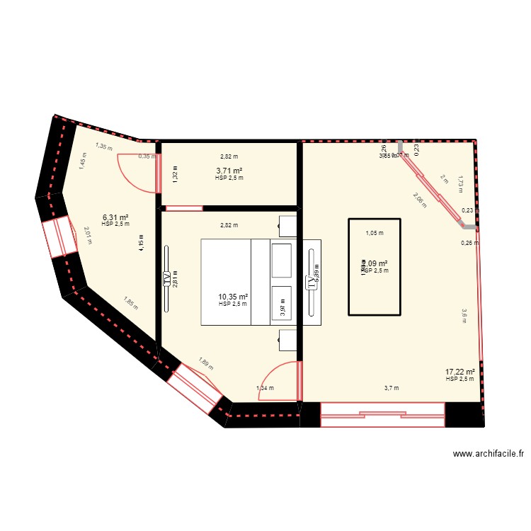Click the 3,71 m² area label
229,171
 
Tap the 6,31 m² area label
115,217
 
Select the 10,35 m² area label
233,297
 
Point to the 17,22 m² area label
459,372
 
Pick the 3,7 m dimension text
392,387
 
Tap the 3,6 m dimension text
464,315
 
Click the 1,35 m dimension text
104,147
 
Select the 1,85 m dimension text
129,303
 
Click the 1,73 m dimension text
459,183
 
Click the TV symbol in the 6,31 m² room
167,278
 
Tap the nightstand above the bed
287,225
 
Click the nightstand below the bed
287,340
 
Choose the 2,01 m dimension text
88,235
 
